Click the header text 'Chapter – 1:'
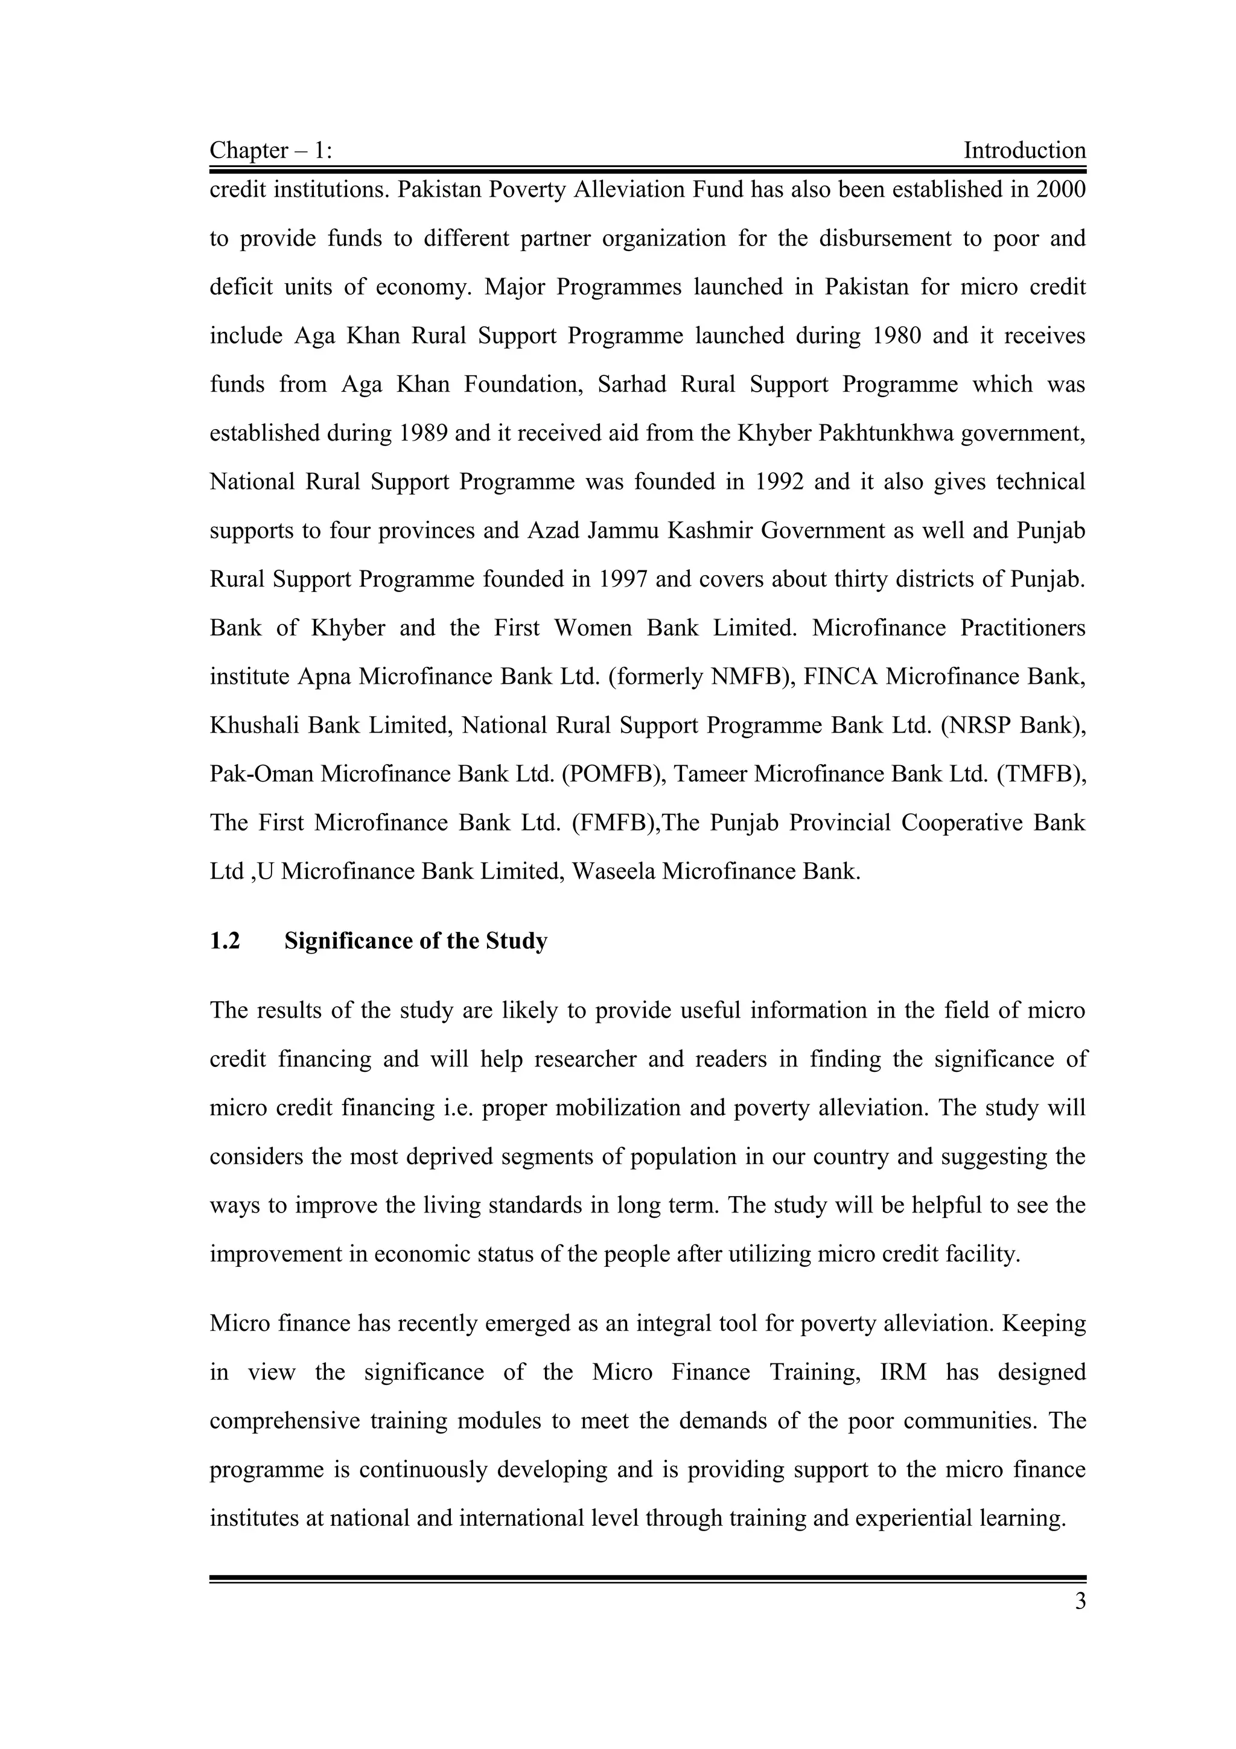(270, 151)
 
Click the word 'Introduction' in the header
(1024, 151)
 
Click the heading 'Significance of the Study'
(416, 941)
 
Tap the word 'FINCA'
(841, 677)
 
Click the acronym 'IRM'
(903, 1372)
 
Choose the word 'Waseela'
(613, 872)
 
